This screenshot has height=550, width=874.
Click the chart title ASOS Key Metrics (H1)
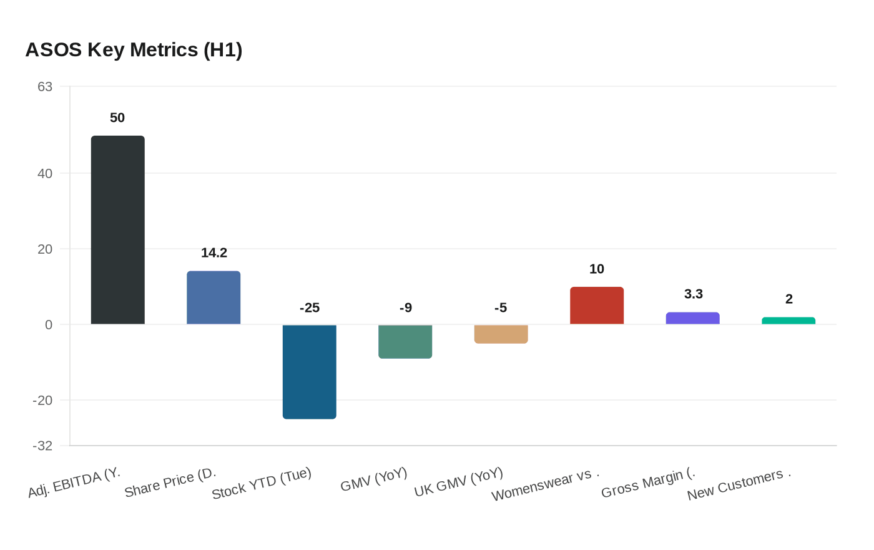pos(134,49)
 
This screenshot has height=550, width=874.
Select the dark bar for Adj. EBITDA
pos(118,230)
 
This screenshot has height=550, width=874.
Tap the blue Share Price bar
pos(214,297)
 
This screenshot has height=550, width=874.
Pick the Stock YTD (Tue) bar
pos(310,371)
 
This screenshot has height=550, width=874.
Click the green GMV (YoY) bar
pos(405,341)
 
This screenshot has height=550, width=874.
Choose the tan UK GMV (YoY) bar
pos(501,334)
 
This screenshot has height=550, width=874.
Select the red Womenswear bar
pos(597,306)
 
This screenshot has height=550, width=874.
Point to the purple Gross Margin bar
pos(692,318)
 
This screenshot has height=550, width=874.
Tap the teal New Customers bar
pos(788,321)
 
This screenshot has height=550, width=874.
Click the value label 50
pos(117,117)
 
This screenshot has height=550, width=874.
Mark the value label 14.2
pos(214,252)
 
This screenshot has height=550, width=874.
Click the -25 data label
pos(310,307)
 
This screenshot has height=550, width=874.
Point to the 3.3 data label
pos(693,294)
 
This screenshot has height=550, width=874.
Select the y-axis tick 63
pos(45,86)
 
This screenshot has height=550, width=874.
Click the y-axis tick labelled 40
pos(45,173)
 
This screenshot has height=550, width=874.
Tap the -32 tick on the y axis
pos(42,446)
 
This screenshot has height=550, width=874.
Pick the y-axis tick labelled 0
pos(49,324)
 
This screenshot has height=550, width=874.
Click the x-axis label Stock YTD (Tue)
pos(262,483)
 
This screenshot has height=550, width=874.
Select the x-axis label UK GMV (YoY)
pos(459,482)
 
